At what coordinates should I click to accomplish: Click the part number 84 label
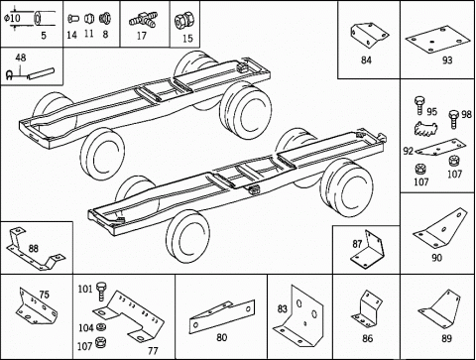pos(366,60)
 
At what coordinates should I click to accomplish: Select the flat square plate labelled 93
pos(437,40)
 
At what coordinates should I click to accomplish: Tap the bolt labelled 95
pos(419,105)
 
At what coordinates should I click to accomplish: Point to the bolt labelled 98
pos(454,120)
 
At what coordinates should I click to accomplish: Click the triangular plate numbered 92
pos(440,147)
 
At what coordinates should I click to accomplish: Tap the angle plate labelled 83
pos(299,315)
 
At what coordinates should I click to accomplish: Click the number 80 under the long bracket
pos(221,337)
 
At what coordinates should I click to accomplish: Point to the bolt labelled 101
pos(101,292)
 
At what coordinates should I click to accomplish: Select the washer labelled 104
pos(101,327)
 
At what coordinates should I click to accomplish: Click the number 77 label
pos(153,350)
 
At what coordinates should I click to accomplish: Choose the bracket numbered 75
pos(37,306)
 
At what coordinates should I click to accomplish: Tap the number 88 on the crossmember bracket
pos(33,248)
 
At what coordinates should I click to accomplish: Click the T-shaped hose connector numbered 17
pos(144,19)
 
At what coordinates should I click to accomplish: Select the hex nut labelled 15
pos(183,21)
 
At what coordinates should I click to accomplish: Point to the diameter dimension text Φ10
pos(12,18)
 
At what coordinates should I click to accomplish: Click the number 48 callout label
pos(21,58)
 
